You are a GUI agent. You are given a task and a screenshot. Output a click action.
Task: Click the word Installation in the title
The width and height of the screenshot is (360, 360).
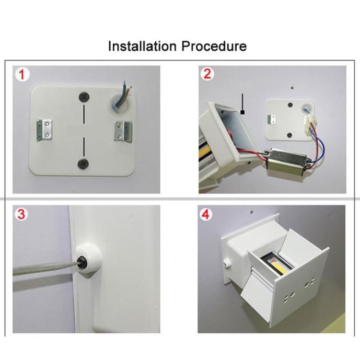click(142, 46)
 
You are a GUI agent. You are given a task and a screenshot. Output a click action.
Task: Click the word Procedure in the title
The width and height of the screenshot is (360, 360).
click(214, 46)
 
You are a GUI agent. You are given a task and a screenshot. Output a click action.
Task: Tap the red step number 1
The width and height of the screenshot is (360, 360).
click(22, 75)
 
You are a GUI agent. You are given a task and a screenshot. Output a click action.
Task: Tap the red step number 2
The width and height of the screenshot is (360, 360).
click(207, 74)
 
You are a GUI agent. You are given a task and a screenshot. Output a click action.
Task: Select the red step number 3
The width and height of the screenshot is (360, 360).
click(21, 214)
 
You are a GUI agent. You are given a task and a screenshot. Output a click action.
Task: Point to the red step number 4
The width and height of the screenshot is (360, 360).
click(205, 215)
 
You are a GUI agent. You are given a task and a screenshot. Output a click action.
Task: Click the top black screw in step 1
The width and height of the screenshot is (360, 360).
click(84, 97)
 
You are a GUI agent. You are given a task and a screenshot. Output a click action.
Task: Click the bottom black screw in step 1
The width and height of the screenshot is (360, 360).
click(83, 163)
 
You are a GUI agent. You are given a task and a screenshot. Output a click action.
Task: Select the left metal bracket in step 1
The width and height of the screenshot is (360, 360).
click(44, 130)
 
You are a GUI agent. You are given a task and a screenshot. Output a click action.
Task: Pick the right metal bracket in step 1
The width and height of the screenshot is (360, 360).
click(123, 131)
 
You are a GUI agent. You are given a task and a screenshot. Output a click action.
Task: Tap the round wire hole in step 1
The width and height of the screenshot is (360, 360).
click(120, 103)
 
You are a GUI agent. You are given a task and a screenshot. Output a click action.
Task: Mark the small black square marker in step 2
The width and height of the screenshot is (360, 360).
click(242, 112)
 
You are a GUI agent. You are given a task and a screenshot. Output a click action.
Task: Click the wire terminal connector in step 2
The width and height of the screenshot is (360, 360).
click(309, 126)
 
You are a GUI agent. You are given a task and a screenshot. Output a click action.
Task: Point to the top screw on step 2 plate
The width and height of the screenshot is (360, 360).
click(290, 105)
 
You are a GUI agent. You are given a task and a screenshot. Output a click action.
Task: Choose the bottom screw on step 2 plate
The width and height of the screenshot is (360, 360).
click(290, 135)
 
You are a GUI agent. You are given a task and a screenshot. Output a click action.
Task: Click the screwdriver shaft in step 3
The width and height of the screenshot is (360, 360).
click(44, 268)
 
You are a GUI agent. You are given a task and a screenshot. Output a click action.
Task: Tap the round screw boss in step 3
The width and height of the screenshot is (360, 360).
click(88, 261)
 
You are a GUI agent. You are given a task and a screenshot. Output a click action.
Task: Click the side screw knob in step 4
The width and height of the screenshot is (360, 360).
click(227, 263)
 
